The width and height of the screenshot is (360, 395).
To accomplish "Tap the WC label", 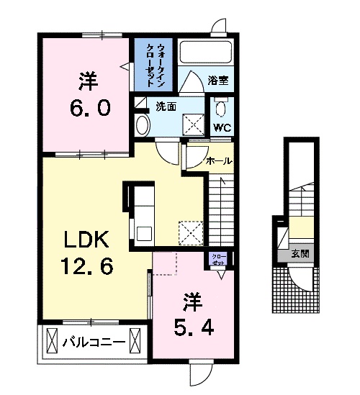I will pyautogui.click(x=222, y=128).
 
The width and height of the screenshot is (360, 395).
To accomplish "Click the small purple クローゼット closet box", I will pyautogui.click(x=217, y=260).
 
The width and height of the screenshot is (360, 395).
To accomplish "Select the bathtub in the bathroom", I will pyautogui.click(x=204, y=53).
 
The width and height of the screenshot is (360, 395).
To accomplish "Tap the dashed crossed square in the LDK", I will pyautogui.click(x=191, y=232).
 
